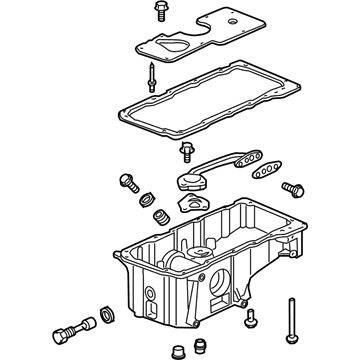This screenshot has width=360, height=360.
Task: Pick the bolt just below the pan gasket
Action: coord(186,153)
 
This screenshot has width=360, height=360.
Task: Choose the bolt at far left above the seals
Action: coord(127,182)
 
